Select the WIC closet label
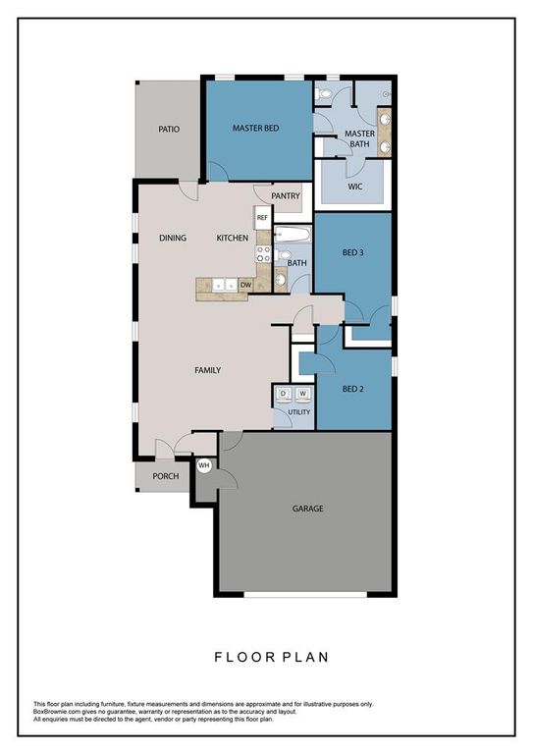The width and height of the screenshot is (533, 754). tap(355, 186)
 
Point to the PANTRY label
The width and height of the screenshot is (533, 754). tap(286, 196)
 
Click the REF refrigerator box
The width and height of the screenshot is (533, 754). tap(263, 218)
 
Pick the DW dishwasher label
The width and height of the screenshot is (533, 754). tap(245, 286)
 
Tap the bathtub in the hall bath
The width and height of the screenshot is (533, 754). tap(293, 236)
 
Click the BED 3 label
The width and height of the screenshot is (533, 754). tap(353, 252)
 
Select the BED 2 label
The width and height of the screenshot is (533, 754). tap(353, 389)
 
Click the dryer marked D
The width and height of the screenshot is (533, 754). tap(284, 394)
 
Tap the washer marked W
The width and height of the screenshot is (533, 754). tap(303, 394)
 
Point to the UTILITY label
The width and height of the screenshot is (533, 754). tap(298, 411)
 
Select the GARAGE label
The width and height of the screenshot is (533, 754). tap(307, 509)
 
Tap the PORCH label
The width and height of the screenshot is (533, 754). tap(165, 477)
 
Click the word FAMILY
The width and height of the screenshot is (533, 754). tap(207, 370)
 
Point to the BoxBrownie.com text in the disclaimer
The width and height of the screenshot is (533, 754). tap(61, 712)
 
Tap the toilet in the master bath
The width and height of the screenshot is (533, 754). tap(326, 95)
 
